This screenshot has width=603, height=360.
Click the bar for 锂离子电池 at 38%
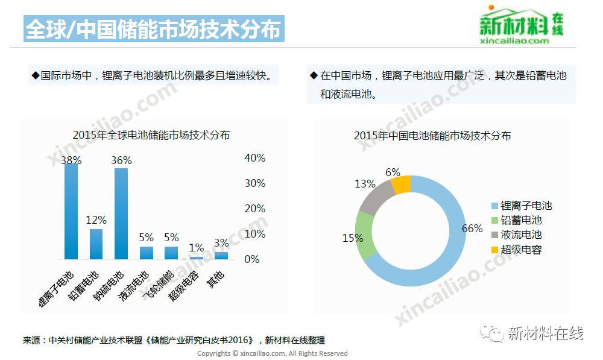pyautogui.click(x=71, y=211)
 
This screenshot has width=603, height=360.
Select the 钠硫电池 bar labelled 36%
pyautogui.click(x=121, y=213)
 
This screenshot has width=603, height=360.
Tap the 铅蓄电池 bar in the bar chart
pyautogui.click(x=96, y=244)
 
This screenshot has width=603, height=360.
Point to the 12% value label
pyautogui.click(x=96, y=220)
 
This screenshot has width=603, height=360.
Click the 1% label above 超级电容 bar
pyautogui.click(x=196, y=248)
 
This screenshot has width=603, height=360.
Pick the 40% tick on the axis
pyautogui.click(x=254, y=158)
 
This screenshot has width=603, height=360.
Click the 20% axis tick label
pyautogui.click(x=254, y=209)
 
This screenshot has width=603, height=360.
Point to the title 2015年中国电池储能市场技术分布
pyautogui.click(x=432, y=136)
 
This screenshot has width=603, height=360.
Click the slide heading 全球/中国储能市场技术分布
pyautogui.click(x=154, y=29)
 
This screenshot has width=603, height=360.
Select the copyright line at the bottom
pyautogui.click(x=272, y=353)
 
